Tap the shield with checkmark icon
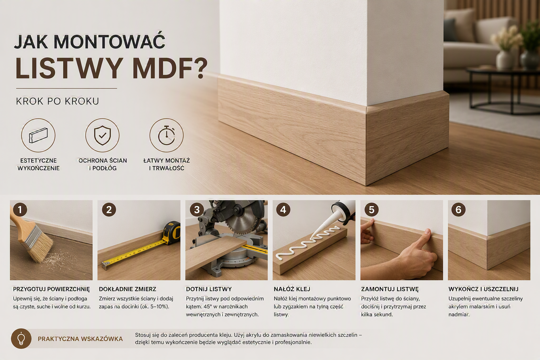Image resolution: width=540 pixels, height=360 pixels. click(x=102, y=135)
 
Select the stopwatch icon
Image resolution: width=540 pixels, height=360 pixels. click(x=166, y=135)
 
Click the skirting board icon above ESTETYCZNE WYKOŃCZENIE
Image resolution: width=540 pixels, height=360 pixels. click(x=38, y=135)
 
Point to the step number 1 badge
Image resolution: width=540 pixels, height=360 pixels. click(x=20, y=210)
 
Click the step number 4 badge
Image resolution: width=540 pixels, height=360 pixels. click(x=283, y=210)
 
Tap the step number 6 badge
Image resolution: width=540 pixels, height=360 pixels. click(x=458, y=210)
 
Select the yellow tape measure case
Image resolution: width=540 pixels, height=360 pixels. click(x=172, y=233)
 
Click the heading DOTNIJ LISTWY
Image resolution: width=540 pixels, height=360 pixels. click(x=209, y=289)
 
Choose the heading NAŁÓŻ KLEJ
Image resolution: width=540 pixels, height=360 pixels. click(x=292, y=289)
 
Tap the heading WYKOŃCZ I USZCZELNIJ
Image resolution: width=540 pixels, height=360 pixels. click(x=483, y=289)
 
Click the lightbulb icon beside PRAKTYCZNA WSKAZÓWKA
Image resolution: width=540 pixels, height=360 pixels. click(x=21, y=339)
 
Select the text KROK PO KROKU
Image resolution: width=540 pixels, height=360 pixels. click(x=57, y=101)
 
